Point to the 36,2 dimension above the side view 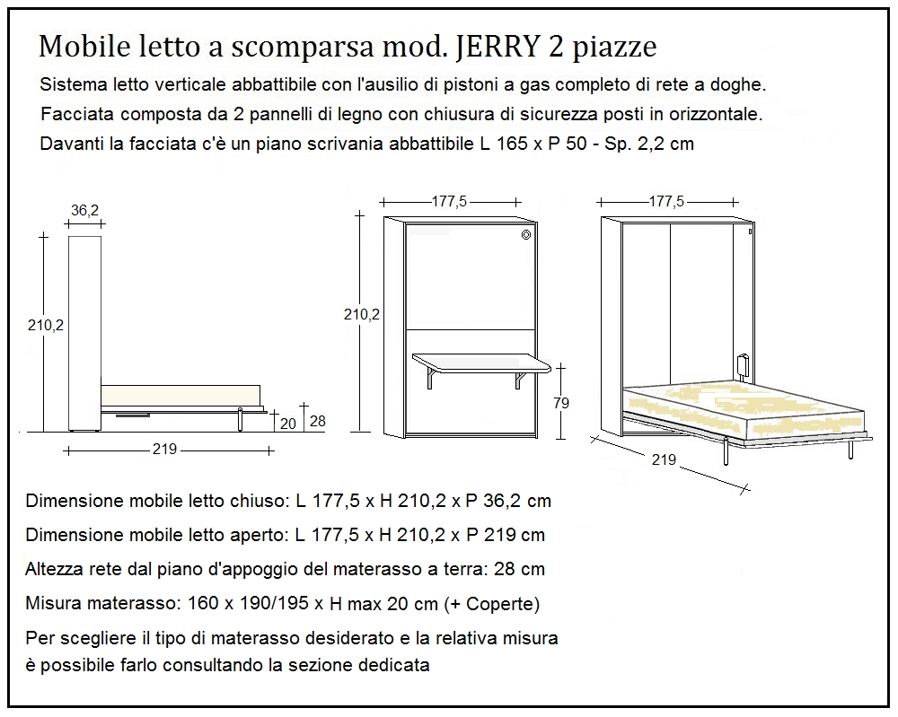coord(84,210)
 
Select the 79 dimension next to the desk coord(560,403)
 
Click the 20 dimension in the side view coord(286,423)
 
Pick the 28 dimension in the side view coord(316,422)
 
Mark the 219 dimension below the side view coord(164,450)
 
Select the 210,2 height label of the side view coord(45,325)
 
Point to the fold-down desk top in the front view coord(480,362)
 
